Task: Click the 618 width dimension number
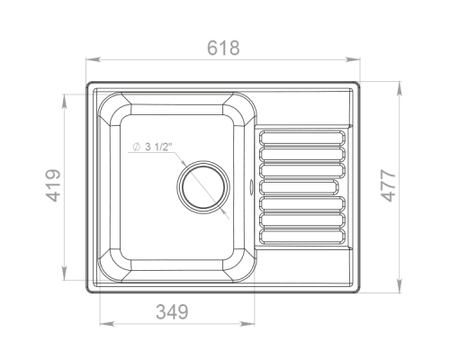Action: coord(223,48)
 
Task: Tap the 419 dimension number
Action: coord(53,185)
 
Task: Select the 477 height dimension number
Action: coord(389,185)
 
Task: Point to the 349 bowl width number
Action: coord(172,311)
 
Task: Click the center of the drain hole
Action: coord(203,187)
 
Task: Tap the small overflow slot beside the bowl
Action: coord(251,186)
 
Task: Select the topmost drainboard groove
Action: coord(302,138)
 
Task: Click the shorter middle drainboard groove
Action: coord(299,187)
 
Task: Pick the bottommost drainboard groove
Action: coord(302,237)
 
